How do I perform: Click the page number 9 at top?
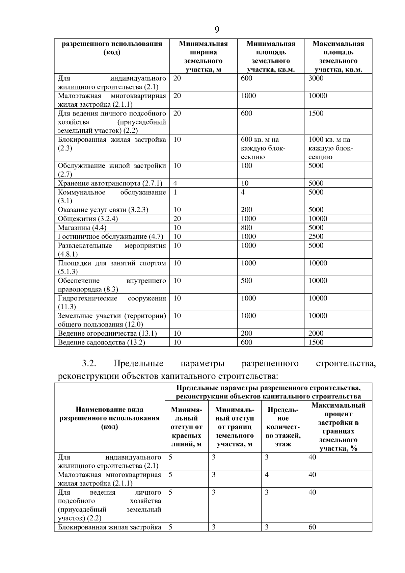point(217,30)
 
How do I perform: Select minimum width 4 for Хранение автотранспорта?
point(175,183)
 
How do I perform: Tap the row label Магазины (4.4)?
point(82,228)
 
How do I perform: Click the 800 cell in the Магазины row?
point(246,228)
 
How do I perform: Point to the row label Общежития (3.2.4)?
point(88,218)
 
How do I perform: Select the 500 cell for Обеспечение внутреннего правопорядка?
point(246,281)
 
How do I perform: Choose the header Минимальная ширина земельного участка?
point(203,56)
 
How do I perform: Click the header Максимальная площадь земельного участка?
point(338,56)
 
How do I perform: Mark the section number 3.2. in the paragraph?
point(89,363)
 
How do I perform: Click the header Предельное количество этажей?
point(283,427)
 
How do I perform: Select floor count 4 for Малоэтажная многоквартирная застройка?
point(267,475)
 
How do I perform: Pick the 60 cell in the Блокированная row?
point(312,527)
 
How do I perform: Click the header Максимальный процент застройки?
point(338,427)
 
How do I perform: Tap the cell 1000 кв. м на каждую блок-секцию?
point(330,148)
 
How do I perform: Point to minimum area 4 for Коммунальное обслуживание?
point(243,192)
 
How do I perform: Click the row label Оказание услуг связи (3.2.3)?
point(103,210)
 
